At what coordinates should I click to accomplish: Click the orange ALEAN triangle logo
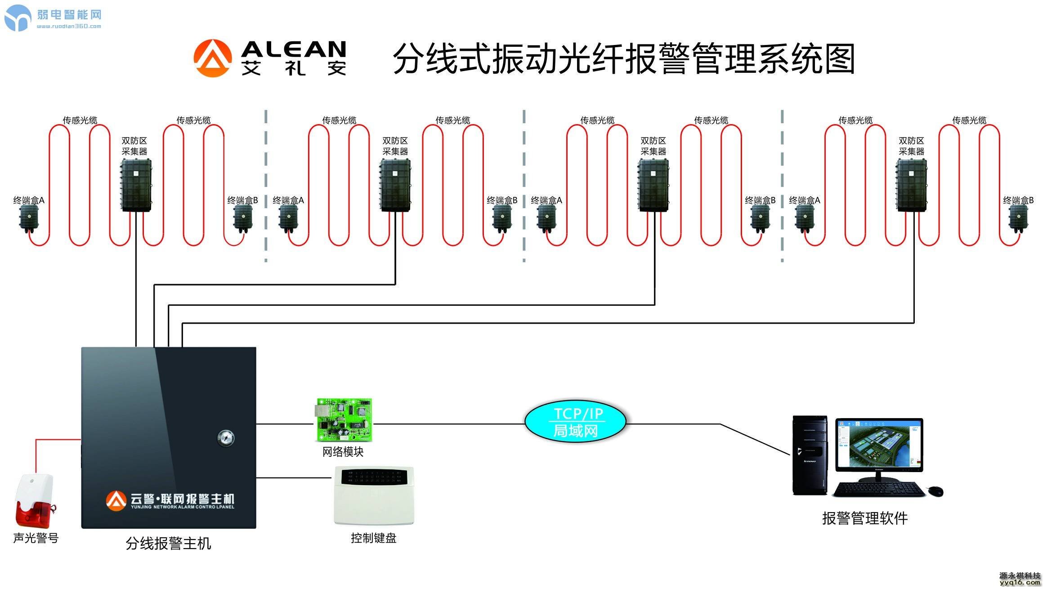click(212, 58)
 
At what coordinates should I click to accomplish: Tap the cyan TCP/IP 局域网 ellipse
click(575, 421)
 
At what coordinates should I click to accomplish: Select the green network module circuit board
click(343, 420)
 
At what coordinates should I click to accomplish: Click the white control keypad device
click(373, 495)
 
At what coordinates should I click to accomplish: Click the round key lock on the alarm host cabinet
click(225, 437)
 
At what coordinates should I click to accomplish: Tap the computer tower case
click(810, 455)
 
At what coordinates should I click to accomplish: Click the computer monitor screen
click(878, 444)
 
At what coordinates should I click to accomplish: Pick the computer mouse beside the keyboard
click(936, 491)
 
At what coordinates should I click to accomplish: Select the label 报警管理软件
click(864, 518)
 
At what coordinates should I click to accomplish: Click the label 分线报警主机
click(168, 544)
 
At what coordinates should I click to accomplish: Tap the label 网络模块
click(343, 452)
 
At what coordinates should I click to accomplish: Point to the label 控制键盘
click(373, 538)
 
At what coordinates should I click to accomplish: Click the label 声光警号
click(36, 538)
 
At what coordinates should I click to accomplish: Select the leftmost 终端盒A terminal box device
click(29, 219)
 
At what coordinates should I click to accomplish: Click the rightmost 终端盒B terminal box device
click(1018, 219)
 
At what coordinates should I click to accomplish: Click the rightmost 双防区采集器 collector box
click(911, 185)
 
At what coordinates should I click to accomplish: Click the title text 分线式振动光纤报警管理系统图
click(623, 59)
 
